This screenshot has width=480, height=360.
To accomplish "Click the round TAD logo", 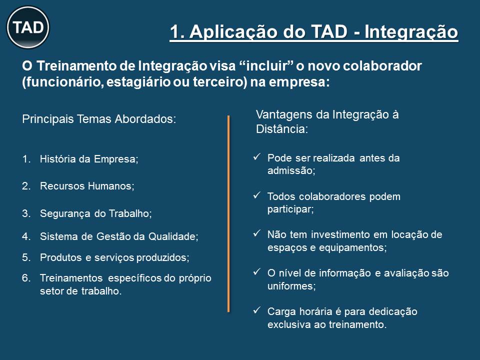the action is click(28, 27).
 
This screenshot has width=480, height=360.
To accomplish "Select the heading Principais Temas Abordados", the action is click(99, 119).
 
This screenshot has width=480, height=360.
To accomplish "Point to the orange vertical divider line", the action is click(228, 213).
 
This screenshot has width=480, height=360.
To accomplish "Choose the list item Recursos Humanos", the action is click(87, 186).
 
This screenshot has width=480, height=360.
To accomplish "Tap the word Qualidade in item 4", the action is click(173, 236).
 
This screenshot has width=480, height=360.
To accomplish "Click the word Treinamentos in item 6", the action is click(71, 278).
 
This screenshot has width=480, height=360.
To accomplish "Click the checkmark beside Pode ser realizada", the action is click(256, 156).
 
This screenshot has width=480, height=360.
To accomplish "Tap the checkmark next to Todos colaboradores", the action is click(256, 195).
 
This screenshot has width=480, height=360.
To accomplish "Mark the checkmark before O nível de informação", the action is click(256, 271).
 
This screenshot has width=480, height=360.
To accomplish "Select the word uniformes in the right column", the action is click(291, 286).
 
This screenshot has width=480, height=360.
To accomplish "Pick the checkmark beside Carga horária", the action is click(256, 310).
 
